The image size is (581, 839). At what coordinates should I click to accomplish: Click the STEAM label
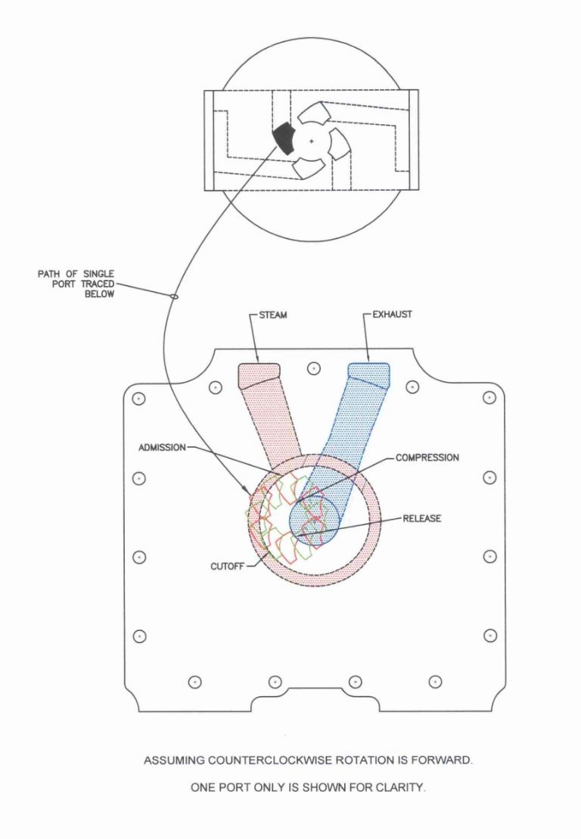(x=273, y=315)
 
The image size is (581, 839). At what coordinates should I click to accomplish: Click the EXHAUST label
(x=392, y=314)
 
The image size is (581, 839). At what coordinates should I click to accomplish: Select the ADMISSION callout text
(x=162, y=447)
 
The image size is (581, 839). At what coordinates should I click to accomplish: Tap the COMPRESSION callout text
(x=427, y=458)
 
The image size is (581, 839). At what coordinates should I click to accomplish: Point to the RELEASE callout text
(x=422, y=518)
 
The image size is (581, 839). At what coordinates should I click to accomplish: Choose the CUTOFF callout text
(x=228, y=566)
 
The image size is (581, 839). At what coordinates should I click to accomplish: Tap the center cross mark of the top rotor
(x=312, y=141)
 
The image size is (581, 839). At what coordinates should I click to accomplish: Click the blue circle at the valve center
(x=314, y=520)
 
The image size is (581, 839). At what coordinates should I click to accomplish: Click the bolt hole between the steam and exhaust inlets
(x=314, y=368)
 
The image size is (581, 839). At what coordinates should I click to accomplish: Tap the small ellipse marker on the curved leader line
(x=174, y=295)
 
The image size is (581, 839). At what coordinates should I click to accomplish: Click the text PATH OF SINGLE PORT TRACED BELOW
(x=76, y=284)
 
